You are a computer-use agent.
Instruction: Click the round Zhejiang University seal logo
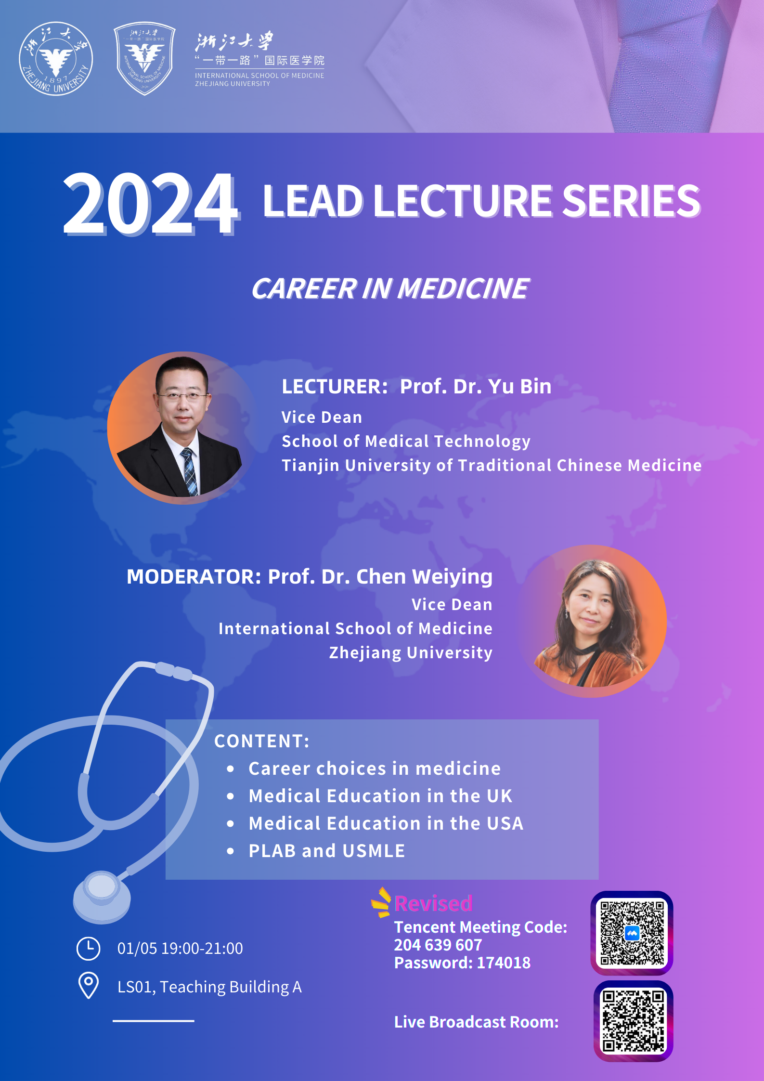[56, 59]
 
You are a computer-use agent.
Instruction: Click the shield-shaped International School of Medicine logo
[144, 58]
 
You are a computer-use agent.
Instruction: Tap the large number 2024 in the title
[151, 203]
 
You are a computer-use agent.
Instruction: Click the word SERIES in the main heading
[631, 201]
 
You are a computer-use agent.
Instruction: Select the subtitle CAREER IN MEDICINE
[390, 288]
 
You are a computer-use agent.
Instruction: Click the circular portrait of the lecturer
[182, 428]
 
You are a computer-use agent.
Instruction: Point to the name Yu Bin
[520, 386]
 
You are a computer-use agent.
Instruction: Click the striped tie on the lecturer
[190, 472]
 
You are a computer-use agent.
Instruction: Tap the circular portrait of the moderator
[592, 621]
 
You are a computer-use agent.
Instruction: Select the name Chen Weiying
[424, 577]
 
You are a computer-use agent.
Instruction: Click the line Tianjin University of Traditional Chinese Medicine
[492, 465]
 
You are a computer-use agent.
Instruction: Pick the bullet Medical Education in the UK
[380, 796]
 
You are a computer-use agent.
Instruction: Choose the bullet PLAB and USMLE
[327, 851]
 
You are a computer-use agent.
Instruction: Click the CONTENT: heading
[262, 741]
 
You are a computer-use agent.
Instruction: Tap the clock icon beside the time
[89, 949]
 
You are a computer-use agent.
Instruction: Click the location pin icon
[89, 985]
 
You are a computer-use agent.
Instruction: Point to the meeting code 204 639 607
[438, 945]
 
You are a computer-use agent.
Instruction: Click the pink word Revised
[433, 903]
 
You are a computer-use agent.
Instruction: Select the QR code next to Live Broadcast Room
[633, 1021]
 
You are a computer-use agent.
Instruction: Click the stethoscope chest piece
[102, 897]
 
